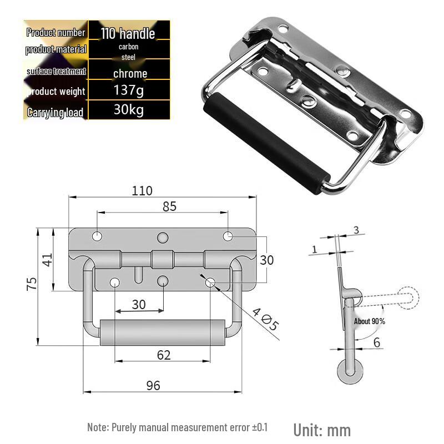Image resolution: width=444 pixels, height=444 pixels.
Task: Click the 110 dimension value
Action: [x=142, y=191]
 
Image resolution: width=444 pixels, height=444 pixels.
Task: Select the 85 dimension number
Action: [x=169, y=206]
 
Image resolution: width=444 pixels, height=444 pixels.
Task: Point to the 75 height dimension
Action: [x=32, y=284]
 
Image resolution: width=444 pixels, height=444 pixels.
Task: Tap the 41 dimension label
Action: [x=47, y=260]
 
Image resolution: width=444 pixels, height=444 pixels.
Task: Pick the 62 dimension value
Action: [x=164, y=355]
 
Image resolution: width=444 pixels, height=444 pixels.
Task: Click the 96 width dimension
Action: [x=153, y=386]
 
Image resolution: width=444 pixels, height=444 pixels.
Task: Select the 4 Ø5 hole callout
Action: [x=265, y=320]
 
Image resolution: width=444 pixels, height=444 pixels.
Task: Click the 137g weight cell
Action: [x=129, y=90]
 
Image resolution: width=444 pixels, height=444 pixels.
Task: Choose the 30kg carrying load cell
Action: [x=129, y=109]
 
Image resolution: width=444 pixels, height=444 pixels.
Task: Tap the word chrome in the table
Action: [x=130, y=74]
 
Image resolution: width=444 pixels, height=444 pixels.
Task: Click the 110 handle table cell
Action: [x=128, y=33]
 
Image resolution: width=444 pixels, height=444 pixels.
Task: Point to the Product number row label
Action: [x=56, y=33]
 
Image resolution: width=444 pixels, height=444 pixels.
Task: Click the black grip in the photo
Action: [x=266, y=143]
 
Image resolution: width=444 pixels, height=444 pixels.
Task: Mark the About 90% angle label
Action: [x=370, y=321]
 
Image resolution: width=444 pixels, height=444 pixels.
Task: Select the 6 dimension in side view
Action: [x=377, y=342]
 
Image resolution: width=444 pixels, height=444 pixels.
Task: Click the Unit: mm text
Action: [x=322, y=431]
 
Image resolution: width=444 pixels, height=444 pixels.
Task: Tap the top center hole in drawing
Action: [x=163, y=238]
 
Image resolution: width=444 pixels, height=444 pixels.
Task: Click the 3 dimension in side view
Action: [x=356, y=230]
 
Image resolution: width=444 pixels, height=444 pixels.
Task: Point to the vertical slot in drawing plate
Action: [x=138, y=275]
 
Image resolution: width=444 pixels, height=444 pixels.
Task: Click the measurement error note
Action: [x=177, y=427]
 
